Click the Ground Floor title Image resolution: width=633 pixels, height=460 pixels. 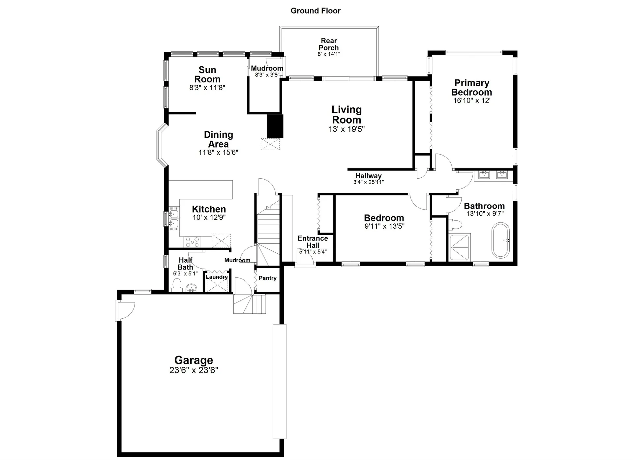tap(315, 11)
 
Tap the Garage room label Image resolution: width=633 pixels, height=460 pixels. tap(194, 360)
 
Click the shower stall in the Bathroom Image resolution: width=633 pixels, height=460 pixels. tap(460, 246)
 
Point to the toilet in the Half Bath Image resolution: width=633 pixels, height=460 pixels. tap(177, 285)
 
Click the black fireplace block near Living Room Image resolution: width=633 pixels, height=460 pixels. tap(275, 126)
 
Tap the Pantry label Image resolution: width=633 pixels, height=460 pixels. tap(267, 278)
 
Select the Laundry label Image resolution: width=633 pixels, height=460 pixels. tap(217, 277)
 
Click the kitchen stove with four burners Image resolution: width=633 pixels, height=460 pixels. tap(192, 242)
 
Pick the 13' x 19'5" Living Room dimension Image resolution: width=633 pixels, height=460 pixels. tap(346, 129)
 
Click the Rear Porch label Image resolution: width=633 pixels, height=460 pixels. tap(329, 44)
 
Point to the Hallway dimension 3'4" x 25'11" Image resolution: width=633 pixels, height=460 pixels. tap(368, 182)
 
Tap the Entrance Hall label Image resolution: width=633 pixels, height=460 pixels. tap(313, 242)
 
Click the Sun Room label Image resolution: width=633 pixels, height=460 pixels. tap(207, 74)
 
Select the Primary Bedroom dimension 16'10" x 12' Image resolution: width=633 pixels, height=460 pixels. tap(471, 101)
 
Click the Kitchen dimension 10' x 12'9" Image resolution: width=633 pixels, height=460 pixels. tap(209, 217)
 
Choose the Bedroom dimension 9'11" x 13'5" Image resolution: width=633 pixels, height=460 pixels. tap(384, 226)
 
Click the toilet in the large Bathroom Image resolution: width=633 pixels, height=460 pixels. tap(457, 225)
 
